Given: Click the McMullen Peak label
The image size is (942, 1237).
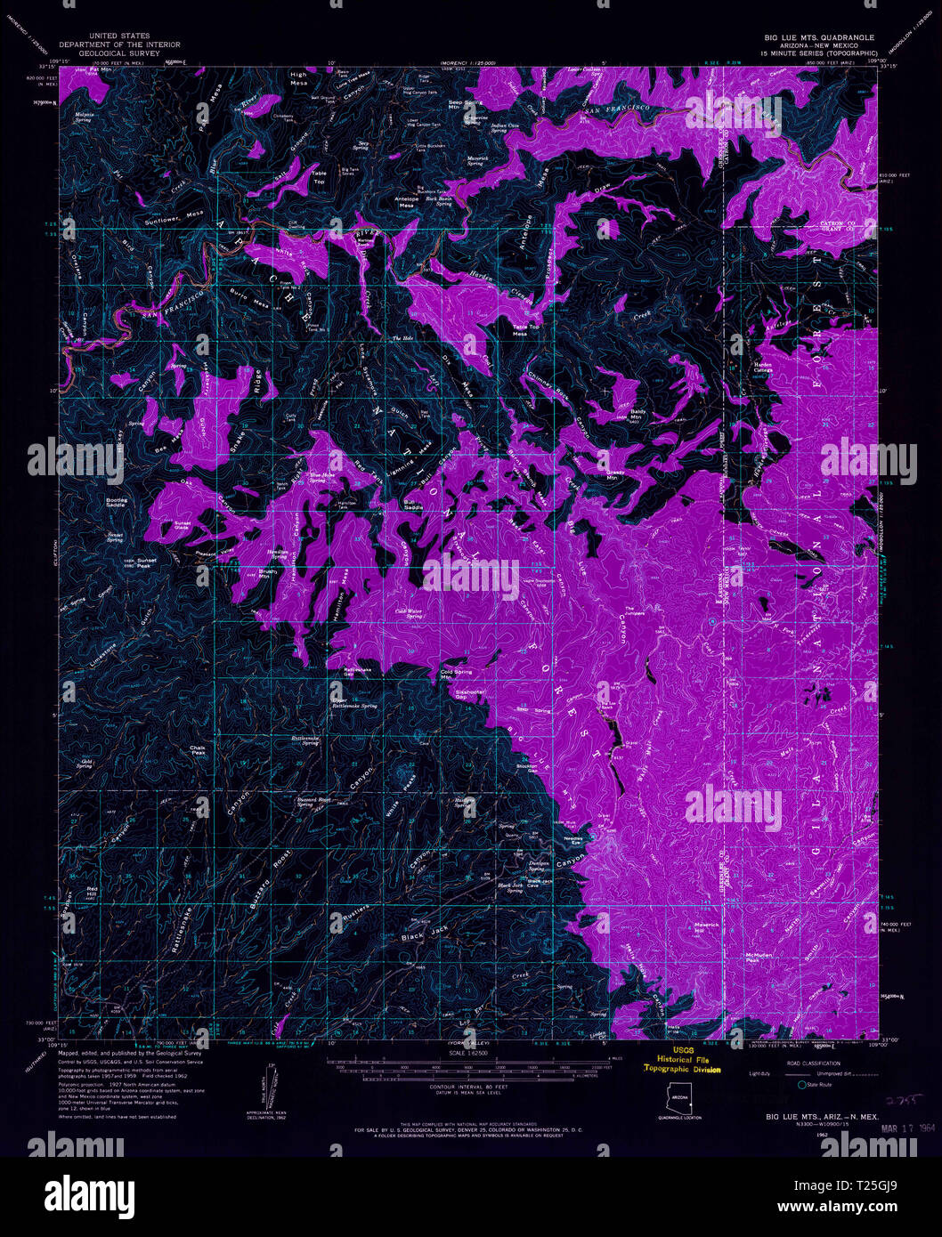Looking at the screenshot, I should (756, 957).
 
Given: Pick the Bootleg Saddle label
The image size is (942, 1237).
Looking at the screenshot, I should (117, 502).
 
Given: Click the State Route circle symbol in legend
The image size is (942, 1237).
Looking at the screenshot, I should (801, 1085).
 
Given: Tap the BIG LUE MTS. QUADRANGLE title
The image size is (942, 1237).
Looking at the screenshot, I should (819, 38).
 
